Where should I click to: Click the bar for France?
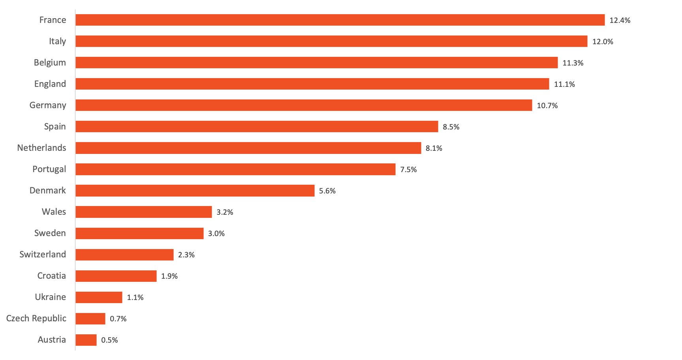[340, 20]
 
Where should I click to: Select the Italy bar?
[331, 41]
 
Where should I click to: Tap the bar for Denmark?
[195, 190]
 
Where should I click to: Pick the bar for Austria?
[86, 339]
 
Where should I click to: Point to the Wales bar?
[144, 212]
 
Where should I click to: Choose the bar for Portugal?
[235, 169]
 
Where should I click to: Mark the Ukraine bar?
[99, 297]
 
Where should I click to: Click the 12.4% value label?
[620, 20]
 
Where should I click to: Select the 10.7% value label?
[547, 105]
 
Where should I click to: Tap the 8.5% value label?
[451, 127]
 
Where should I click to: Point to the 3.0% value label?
[216, 233]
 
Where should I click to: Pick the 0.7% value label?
[118, 319]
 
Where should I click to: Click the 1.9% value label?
[169, 276]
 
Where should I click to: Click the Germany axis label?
[48, 105]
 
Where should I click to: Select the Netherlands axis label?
[41, 148]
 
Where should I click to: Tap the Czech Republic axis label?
[36, 318]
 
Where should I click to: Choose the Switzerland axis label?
[43, 254]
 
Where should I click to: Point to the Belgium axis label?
[50, 62]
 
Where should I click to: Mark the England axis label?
[50, 84]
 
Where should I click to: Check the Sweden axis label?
[50, 233]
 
